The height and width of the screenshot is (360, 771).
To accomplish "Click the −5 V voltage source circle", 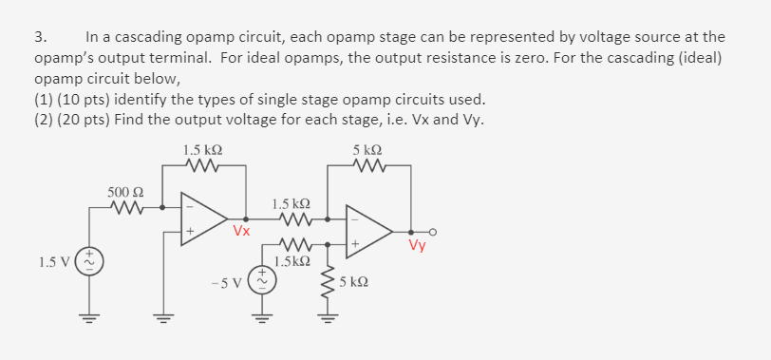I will (x=258, y=280).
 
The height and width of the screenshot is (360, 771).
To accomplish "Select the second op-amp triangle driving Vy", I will (x=368, y=231).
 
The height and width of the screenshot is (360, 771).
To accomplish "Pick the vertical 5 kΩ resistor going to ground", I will (x=329, y=282).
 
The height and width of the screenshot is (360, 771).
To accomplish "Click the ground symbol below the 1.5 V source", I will (x=91, y=319).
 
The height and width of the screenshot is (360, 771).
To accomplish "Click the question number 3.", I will (x=39, y=37).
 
